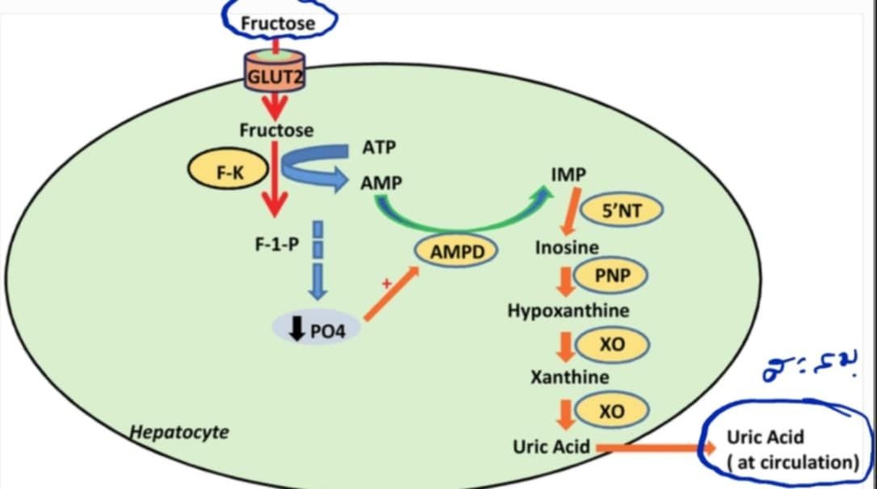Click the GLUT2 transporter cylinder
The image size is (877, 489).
pos(276,75)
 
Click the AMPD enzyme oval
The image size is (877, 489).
pos(457,252)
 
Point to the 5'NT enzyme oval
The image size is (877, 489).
pos(622,211)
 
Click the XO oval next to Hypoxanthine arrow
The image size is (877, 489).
pos(612,345)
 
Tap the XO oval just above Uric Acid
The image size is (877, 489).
pos(612,411)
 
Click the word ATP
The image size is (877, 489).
pos(379,148)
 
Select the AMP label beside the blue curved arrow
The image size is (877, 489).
pos(381,183)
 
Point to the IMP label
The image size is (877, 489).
pos(568,175)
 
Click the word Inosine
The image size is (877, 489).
pos(567,247)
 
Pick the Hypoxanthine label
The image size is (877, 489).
pos(568,310)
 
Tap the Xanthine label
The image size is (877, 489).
pos(570,377)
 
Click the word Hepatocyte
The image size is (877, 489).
pos(180,432)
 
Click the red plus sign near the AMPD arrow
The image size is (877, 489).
pos(386,284)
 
